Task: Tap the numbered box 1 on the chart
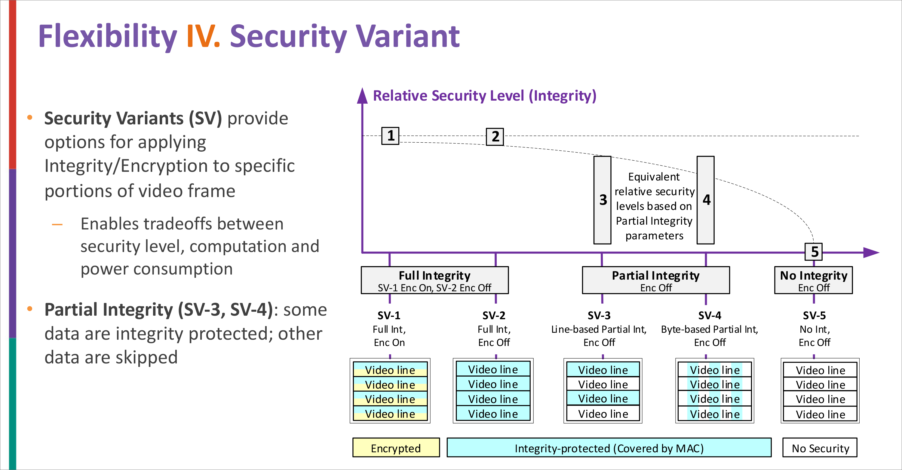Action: tap(391, 136)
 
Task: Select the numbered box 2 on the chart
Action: tap(495, 136)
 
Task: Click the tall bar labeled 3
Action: tap(602, 200)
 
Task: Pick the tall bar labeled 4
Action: tap(706, 200)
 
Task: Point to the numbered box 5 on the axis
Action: tap(814, 252)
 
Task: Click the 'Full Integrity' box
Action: tap(434, 280)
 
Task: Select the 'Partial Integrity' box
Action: tap(655, 280)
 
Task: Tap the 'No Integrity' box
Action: tap(813, 280)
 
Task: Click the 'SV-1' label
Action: tap(389, 315)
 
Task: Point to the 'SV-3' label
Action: tap(599, 315)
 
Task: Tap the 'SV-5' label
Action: tap(814, 315)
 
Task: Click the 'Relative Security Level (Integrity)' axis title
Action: tap(484, 96)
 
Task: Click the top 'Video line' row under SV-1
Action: tap(390, 370)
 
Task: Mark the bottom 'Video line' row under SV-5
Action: tap(820, 414)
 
